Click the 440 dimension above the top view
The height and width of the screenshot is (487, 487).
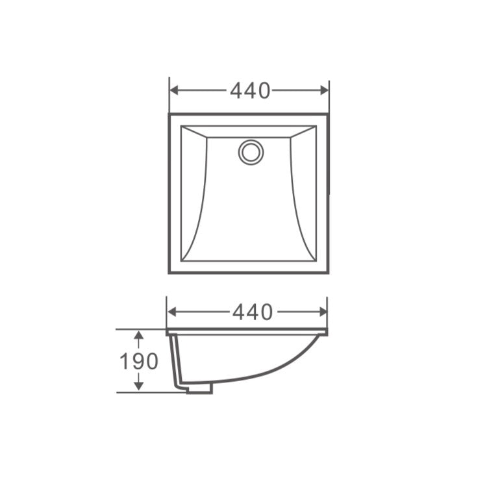coord(250,91)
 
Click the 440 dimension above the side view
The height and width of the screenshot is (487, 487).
coord(253,312)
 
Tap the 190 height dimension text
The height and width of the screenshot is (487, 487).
coord(138,361)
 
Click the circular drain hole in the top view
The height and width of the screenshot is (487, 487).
coord(251,152)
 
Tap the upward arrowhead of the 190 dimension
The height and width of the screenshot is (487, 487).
coord(138,335)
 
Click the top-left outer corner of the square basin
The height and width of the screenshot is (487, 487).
coord(169,114)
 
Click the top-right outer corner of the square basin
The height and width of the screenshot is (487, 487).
coord(329,114)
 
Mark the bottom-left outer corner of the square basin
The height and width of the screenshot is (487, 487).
coord(169,273)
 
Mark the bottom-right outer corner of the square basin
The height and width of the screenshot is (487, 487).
coord(329,273)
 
